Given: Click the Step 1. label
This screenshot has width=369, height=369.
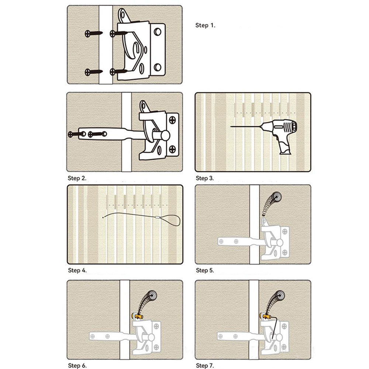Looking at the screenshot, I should coord(205,25).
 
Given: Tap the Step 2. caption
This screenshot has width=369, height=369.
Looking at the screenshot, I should coord(77,178).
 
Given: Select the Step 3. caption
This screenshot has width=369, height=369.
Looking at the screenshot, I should coord(205,178).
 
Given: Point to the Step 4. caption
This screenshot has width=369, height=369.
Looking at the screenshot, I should coord(77,270).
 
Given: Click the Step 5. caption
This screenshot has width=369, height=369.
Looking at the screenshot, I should coord(205,270).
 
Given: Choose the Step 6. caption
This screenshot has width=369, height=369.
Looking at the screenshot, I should coord(77,365).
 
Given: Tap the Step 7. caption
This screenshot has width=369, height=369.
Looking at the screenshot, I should coord(205,365).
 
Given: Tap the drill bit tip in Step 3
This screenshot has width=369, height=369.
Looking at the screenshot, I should coord(231,127).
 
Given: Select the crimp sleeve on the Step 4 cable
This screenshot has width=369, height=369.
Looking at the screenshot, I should coord(158,217).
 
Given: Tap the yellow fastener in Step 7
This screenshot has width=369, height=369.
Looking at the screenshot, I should coord(265,316).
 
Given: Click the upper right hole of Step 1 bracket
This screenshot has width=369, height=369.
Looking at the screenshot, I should coord(158,32).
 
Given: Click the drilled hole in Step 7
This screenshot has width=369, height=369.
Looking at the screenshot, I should coord(280,295).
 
